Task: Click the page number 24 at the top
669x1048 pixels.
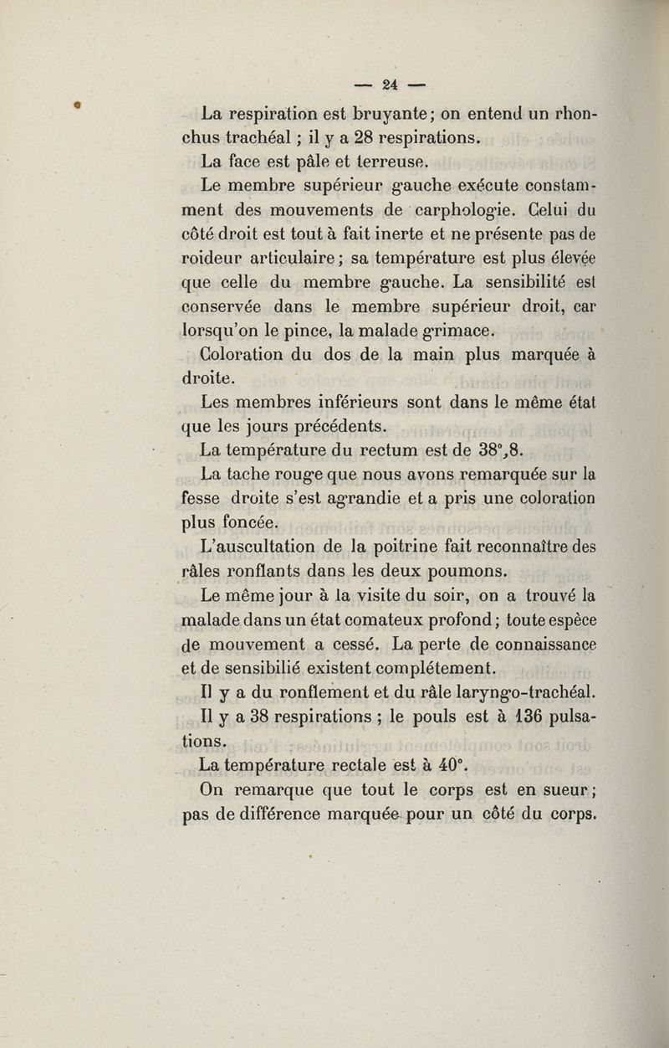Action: (x=389, y=84)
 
